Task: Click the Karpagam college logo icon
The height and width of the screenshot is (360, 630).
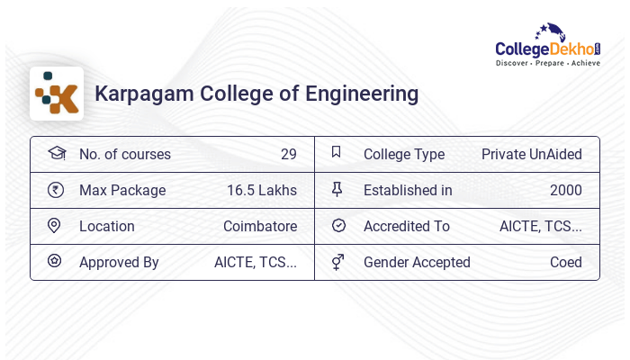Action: point(57,94)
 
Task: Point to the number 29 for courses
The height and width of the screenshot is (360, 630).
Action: point(288,154)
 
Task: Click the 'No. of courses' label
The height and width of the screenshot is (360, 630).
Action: point(124,154)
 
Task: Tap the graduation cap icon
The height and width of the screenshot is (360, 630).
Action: point(56,153)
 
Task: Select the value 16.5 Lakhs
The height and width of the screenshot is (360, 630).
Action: point(262,190)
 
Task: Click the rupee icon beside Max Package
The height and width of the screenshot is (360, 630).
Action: point(55,190)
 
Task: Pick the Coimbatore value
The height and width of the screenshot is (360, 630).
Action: point(260,226)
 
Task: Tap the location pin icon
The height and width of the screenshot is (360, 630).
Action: point(54,225)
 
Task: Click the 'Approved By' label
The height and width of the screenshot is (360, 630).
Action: point(119,262)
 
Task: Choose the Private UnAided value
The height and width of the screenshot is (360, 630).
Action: point(532,154)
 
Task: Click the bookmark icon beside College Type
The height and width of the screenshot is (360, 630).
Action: point(337,152)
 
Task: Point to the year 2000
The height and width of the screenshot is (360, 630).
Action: point(566,190)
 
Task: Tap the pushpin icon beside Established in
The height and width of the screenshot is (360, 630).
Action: point(337,189)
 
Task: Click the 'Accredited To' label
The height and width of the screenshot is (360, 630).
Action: point(407,226)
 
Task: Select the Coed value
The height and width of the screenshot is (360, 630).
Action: point(566,262)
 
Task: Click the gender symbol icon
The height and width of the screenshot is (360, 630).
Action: point(337,262)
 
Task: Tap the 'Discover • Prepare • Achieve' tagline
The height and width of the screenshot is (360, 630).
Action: point(548,63)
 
